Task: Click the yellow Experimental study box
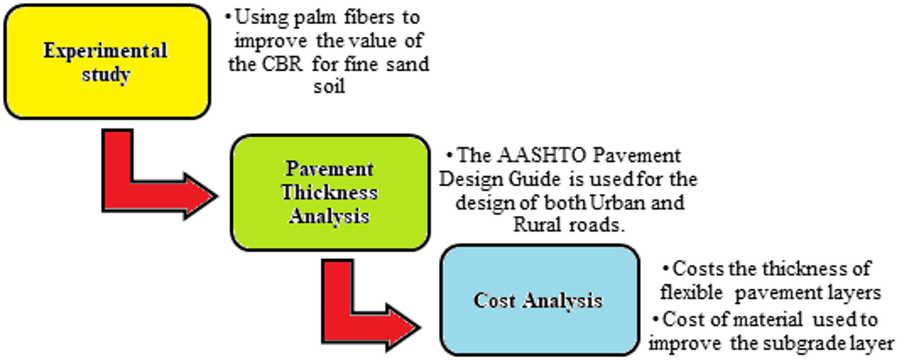(107, 62)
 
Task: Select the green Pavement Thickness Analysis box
(330, 193)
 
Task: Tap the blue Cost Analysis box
(539, 300)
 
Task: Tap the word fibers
(369, 17)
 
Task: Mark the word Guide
(534, 179)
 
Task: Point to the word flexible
(691, 293)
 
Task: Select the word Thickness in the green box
(330, 193)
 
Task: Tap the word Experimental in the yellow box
(106, 51)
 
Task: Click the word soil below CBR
(329, 86)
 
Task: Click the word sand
(407, 64)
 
